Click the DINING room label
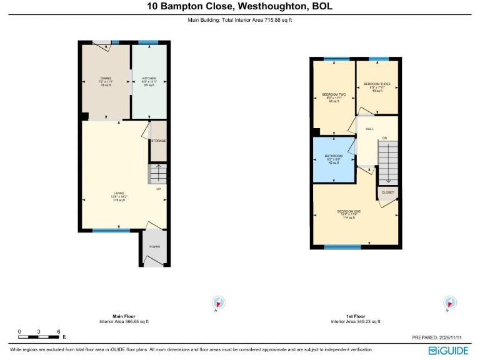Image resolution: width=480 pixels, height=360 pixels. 105,79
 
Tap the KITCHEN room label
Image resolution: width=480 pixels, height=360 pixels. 149,79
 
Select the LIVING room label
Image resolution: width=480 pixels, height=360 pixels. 119,193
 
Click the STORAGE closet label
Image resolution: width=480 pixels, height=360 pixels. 158,141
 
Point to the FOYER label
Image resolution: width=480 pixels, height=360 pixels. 154,247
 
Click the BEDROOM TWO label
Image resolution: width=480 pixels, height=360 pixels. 334,94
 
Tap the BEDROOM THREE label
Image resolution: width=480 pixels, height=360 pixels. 377,84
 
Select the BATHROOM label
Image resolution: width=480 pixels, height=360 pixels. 333,156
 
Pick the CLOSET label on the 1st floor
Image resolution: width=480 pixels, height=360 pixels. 387,192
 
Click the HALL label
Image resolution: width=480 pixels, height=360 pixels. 369,129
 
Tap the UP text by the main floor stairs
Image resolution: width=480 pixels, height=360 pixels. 158,188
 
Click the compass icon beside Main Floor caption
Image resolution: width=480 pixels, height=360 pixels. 218,303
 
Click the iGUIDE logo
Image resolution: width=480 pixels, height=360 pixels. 449,350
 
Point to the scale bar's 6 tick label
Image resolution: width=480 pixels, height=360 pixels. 58,331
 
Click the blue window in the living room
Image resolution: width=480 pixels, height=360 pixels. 111,231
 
